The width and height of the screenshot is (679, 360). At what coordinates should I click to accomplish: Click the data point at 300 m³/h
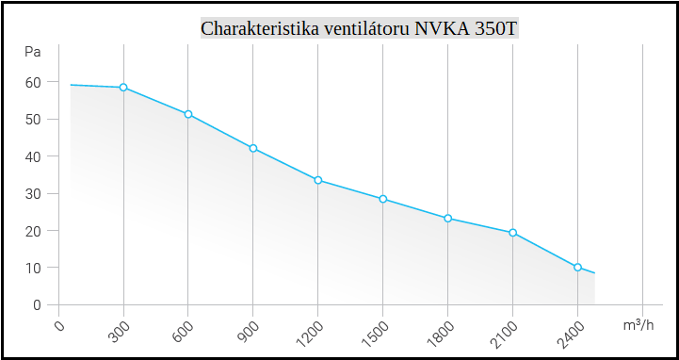coord(123,88)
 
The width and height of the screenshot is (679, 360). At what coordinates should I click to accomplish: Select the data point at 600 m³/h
coord(188,114)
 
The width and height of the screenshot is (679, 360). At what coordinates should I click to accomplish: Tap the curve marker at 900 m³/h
coord(253,148)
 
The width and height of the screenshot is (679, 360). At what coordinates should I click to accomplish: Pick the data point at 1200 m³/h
coord(318,180)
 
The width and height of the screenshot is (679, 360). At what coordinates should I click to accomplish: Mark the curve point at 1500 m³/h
coord(383,199)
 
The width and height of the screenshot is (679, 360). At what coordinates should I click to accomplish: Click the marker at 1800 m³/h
coord(448,219)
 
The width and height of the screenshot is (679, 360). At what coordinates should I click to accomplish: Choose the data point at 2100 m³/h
coord(513,233)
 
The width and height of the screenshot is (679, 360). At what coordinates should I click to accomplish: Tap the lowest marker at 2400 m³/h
coord(578,268)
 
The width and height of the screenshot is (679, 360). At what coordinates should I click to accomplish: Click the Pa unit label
coord(34,51)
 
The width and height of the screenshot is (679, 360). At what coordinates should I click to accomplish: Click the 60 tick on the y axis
coord(34,82)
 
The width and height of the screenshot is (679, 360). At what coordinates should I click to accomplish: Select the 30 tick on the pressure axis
coord(34,193)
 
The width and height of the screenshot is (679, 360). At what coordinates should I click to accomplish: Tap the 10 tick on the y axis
coord(34,268)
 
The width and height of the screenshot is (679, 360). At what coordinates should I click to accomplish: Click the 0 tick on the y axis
coord(38,304)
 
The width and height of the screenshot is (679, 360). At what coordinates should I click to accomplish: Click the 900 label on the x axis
coord(248,331)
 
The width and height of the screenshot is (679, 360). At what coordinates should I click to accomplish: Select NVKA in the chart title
coord(439,28)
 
